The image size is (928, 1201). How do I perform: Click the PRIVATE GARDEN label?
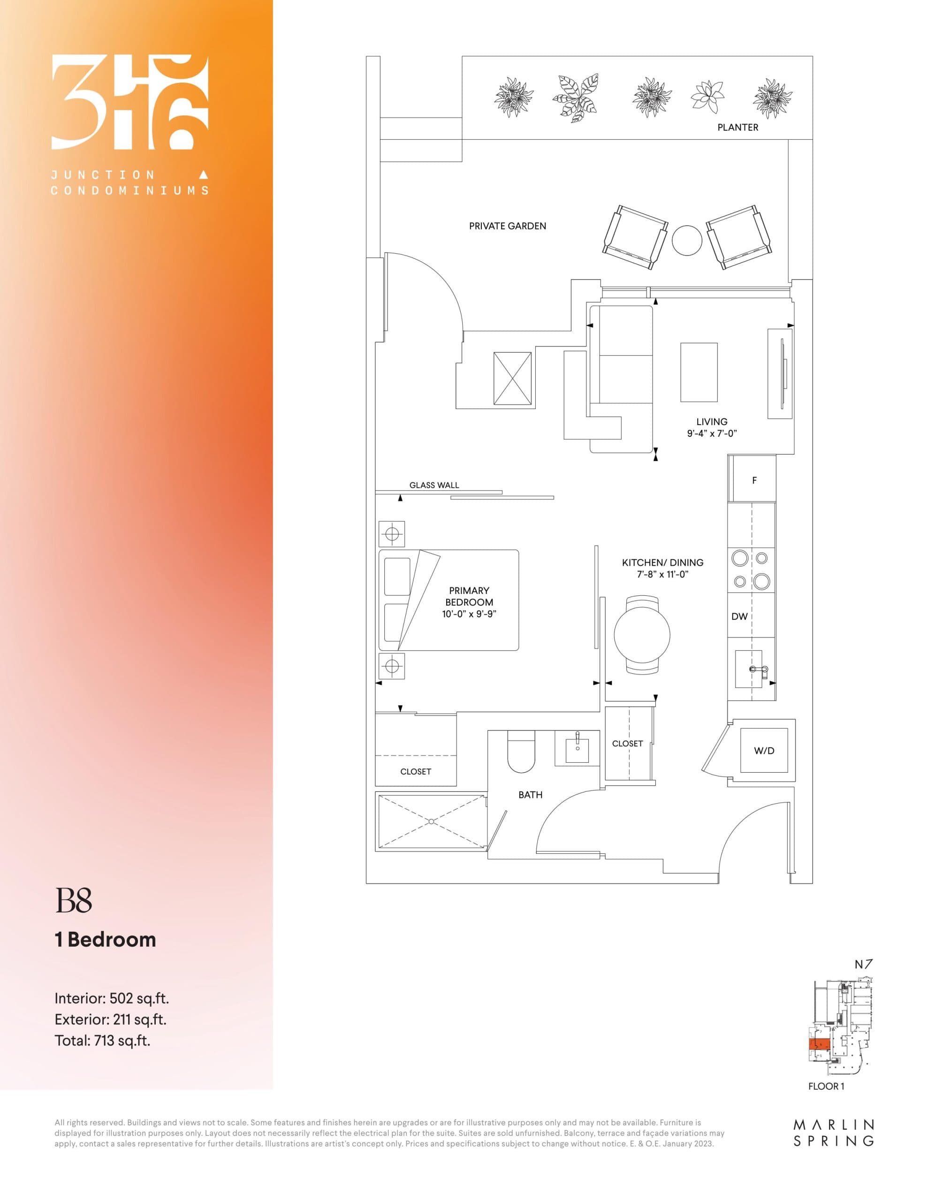507,226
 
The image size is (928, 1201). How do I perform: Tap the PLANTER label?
737,128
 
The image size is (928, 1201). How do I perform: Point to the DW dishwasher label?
739,616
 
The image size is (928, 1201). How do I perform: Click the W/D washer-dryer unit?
763,751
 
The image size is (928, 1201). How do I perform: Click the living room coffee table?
699,372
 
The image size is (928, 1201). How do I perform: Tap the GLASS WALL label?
434,485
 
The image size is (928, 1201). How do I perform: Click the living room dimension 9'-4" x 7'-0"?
711,433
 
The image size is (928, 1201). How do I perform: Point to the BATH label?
530,795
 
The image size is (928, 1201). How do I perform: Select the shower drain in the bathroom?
431,821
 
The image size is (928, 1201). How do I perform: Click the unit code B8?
74,900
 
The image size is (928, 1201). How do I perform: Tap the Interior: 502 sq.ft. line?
112,998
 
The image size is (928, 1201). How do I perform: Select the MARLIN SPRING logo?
833,1133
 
